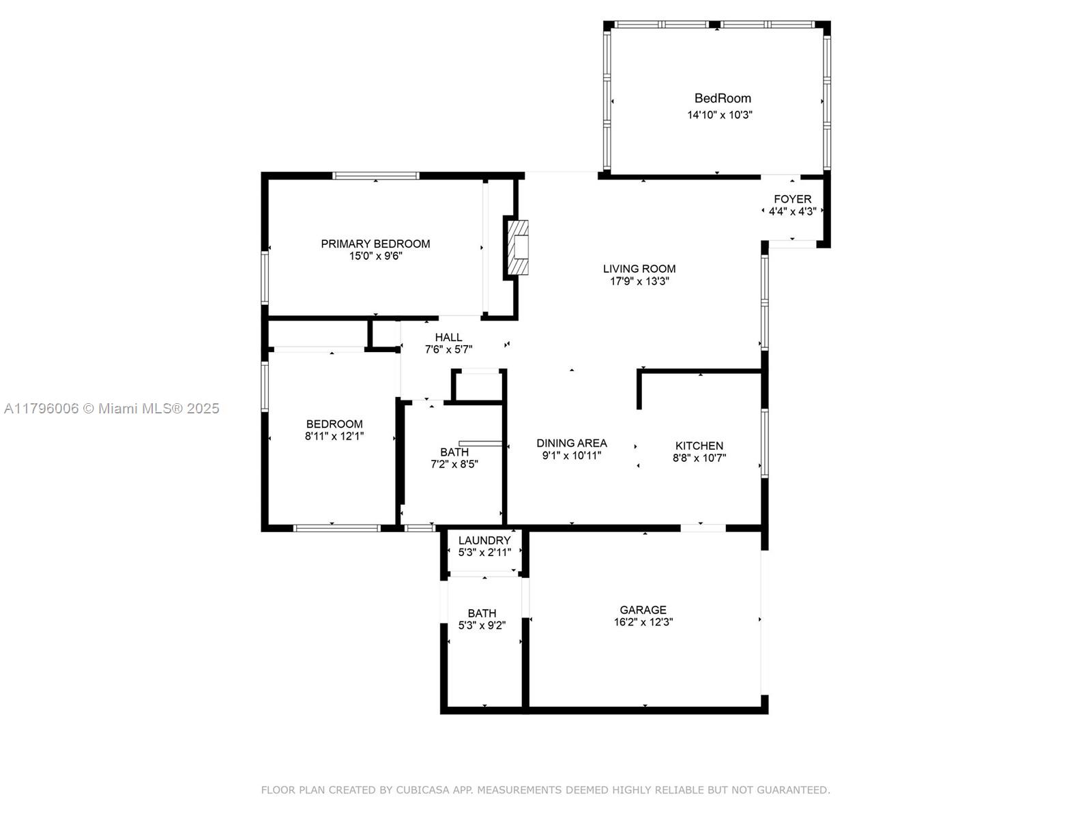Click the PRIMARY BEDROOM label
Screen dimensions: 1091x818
[375, 244]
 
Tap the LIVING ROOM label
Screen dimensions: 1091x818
[639, 269]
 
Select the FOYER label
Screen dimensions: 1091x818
[792, 199]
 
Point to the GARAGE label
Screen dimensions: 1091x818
[643, 610]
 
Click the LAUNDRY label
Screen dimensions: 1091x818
[484, 540]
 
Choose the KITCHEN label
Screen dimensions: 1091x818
[699, 445]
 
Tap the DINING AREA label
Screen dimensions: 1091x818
[572, 443]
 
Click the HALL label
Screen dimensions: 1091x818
[448, 338]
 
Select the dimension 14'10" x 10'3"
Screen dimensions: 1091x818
[720, 115]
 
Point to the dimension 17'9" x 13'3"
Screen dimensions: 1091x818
[639, 281]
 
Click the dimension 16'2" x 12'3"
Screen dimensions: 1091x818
[643, 622]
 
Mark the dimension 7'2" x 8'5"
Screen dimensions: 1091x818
[454, 464]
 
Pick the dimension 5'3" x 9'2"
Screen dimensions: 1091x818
[482, 625]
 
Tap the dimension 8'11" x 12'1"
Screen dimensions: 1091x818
[334, 436]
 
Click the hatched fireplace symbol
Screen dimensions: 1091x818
[517, 248]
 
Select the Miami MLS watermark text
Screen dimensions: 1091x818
[111, 409]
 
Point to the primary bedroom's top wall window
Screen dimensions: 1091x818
[375, 175]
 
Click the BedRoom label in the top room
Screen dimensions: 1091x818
[723, 98]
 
